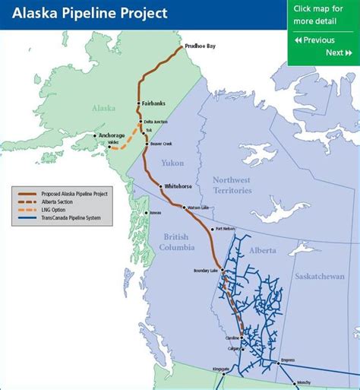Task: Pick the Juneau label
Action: (156, 212)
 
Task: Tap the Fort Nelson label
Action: (226, 228)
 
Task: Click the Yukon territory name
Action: (172, 163)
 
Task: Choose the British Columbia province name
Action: (178, 243)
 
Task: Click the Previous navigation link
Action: (314, 40)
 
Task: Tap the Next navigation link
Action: (338, 52)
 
